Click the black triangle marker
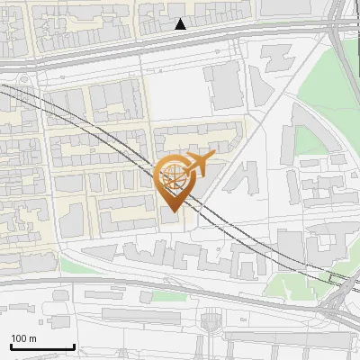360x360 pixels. [181, 24]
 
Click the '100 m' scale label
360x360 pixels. [23, 338]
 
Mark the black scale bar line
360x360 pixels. [41, 346]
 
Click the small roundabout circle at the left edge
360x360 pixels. [19, 80]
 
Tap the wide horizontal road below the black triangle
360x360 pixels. [180, 41]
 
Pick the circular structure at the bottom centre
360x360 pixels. [212, 319]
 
